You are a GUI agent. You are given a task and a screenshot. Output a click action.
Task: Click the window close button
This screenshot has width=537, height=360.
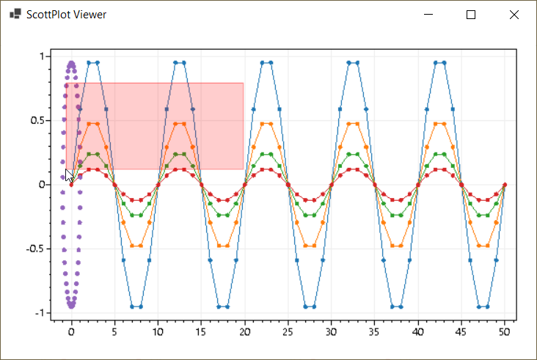pyautogui.click(x=514, y=15)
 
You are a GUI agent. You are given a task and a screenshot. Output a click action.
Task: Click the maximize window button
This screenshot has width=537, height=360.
pyautogui.click(x=471, y=15)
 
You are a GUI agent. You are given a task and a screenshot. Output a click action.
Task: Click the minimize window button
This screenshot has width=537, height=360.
pyautogui.click(x=428, y=15)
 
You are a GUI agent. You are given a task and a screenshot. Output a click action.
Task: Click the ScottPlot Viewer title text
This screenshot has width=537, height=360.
pyautogui.click(x=66, y=15)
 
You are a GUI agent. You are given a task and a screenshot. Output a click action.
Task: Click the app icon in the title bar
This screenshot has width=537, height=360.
pyautogui.click(x=15, y=15)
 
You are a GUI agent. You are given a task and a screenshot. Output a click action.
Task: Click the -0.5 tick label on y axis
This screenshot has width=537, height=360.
pyautogui.click(x=36, y=249)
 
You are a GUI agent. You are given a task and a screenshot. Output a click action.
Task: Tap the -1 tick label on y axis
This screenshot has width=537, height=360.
pyautogui.click(x=40, y=313)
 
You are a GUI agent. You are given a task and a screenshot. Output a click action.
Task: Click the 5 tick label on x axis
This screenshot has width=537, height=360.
pyautogui.click(x=114, y=332)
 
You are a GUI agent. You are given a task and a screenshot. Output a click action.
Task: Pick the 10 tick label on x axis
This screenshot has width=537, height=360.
pyautogui.click(x=158, y=332)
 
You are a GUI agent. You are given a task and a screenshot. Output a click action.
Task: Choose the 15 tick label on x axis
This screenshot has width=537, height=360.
pyautogui.click(x=201, y=332)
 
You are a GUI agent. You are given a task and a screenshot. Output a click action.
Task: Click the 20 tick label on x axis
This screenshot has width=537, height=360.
pyautogui.click(x=244, y=332)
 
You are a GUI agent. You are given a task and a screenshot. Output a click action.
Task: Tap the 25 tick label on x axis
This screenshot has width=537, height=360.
pyautogui.click(x=288, y=332)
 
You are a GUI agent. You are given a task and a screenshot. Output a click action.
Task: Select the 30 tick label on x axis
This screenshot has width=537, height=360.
pyautogui.click(x=331, y=332)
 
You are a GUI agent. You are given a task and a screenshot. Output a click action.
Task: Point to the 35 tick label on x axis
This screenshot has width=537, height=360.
pyautogui.click(x=374, y=332)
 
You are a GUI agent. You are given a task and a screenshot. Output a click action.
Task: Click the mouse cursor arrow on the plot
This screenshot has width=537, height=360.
pyautogui.click(x=69, y=175)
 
